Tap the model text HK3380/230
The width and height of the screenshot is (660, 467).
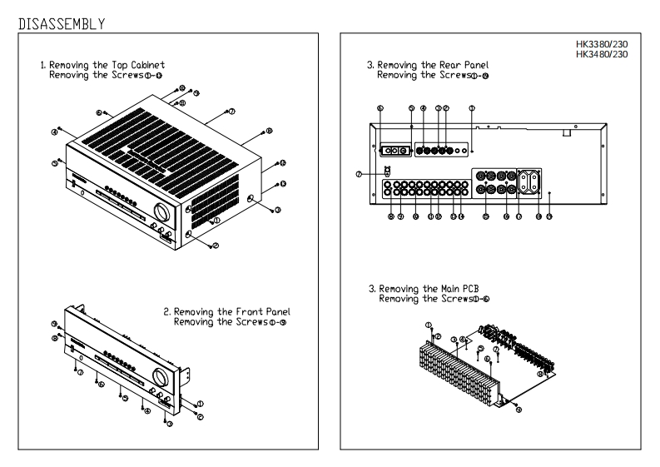[x=618, y=45]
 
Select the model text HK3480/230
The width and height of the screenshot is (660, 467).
[x=618, y=54]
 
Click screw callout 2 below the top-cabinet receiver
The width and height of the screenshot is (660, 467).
[x=214, y=246]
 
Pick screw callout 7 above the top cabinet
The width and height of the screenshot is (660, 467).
[x=232, y=111]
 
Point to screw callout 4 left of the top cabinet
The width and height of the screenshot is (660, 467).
[x=54, y=131]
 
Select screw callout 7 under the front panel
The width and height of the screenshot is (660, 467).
[x=80, y=374]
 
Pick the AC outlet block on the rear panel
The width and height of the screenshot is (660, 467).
[x=531, y=181]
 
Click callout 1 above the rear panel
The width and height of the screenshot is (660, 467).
[x=471, y=108]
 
